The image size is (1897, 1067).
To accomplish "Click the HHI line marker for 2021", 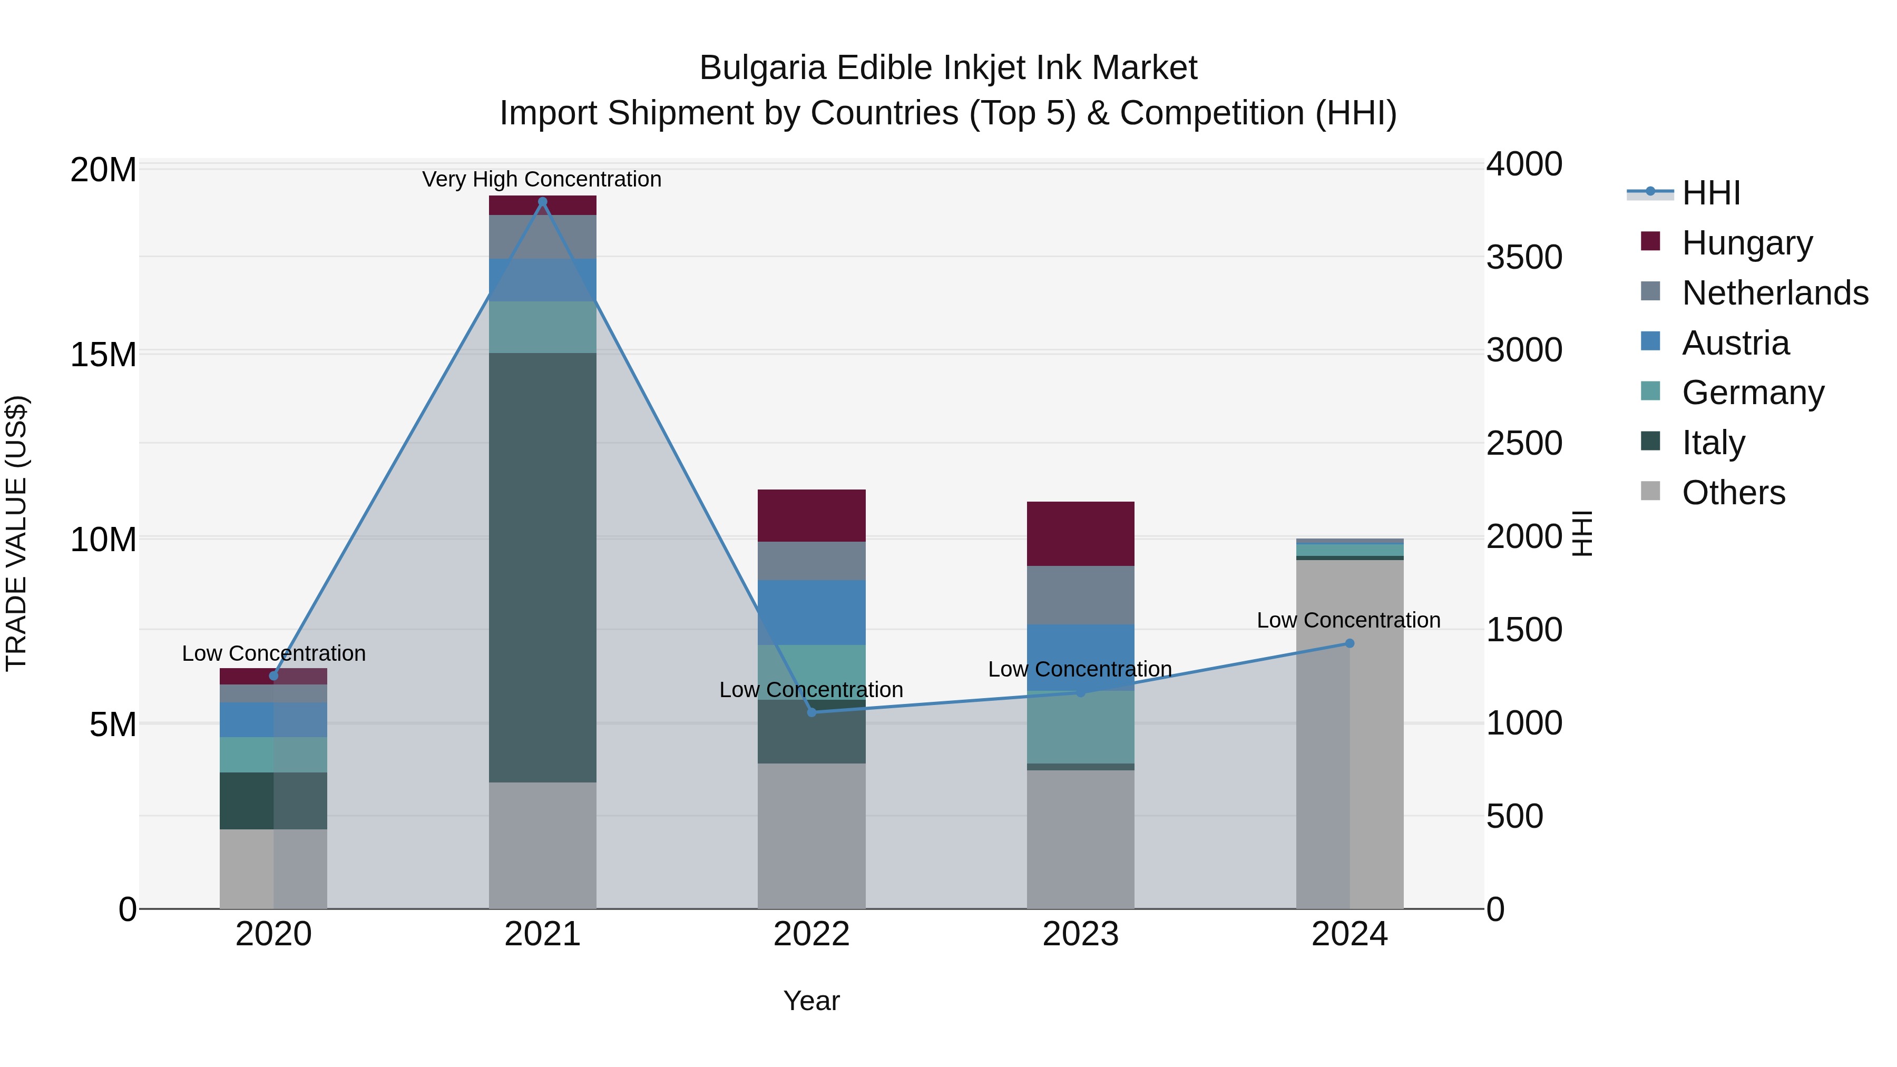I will coord(543,202).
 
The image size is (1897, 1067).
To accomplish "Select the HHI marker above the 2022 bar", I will coord(811,712).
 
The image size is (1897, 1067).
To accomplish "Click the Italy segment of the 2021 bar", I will coord(543,567).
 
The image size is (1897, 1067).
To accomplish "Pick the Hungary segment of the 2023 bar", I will coord(1080,534).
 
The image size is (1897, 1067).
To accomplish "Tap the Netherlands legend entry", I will coord(1775,293).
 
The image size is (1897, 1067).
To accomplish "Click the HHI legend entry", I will coord(1710,193).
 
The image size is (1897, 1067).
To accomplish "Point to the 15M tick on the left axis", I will coord(103,355).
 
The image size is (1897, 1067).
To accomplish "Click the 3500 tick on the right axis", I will coord(1523,257).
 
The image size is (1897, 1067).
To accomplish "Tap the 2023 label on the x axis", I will coord(1080,934).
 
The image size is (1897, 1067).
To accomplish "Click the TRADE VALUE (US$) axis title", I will coord(16,534).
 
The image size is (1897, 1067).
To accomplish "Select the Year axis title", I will coord(811,1001).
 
